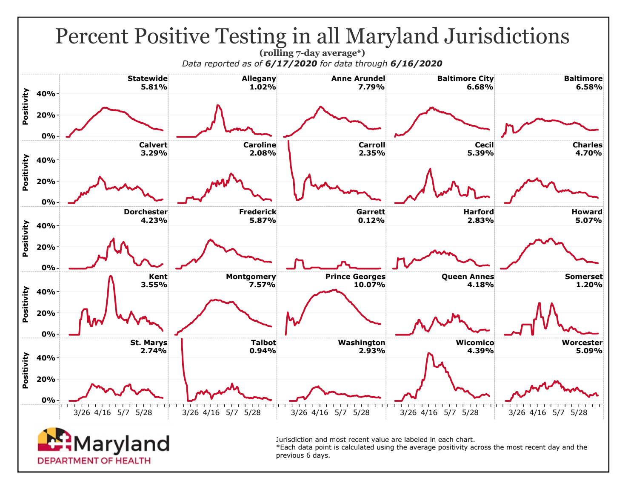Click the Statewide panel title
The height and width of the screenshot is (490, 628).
[147, 79]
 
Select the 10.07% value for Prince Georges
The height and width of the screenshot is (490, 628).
[369, 285]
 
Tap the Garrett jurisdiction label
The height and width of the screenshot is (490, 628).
[371, 212]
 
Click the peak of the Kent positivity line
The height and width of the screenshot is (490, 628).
[111, 276]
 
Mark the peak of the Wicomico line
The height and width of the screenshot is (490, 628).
[429, 353]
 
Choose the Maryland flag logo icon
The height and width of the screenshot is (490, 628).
[54, 440]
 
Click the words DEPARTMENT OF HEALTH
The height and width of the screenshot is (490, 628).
[94, 461]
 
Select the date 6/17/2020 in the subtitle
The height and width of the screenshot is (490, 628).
[291, 64]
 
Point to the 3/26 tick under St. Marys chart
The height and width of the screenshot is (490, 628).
[82, 412]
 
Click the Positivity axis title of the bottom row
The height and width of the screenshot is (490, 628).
[26, 371]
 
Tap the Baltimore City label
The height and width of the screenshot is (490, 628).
[465, 79]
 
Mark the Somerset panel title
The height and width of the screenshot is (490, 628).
[583, 277]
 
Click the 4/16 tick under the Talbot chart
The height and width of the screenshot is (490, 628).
[211, 412]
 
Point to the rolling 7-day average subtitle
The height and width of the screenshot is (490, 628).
[312, 53]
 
